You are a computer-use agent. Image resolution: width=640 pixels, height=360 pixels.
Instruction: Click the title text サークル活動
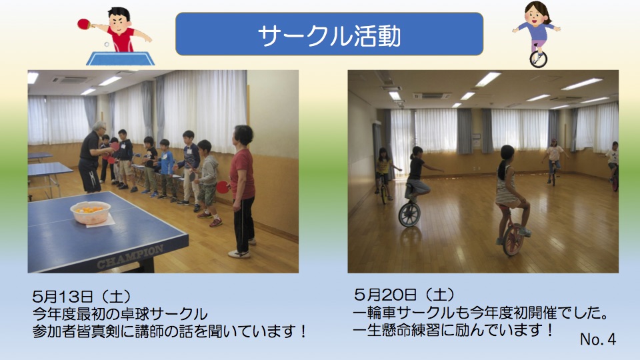click(329, 35)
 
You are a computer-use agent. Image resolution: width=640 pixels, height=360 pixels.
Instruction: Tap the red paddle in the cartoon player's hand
click(84, 24)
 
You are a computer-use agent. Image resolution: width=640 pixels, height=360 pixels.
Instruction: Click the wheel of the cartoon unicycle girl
click(538, 59)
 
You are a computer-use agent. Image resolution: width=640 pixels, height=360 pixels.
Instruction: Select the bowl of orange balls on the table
click(91, 212)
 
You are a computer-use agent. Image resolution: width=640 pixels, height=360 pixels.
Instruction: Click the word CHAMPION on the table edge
click(130, 257)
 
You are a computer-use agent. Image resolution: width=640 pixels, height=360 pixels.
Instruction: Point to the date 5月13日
click(64, 295)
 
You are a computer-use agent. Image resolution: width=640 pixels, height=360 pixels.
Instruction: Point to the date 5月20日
click(385, 294)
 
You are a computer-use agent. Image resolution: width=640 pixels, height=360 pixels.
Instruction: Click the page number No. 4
click(597, 339)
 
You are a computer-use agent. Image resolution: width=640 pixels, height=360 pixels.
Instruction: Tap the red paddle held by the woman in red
click(223, 187)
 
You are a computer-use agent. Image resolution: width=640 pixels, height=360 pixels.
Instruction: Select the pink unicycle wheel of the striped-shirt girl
click(513, 239)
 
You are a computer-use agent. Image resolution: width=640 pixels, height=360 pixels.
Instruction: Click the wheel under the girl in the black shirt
click(409, 214)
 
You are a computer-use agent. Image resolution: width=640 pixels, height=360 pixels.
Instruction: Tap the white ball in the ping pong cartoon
click(107, 44)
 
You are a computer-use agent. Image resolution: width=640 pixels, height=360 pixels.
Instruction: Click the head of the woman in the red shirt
click(243, 136)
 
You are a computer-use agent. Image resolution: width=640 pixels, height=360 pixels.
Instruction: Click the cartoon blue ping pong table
click(121, 59)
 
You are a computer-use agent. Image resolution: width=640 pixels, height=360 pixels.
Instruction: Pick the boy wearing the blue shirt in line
click(166, 167)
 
